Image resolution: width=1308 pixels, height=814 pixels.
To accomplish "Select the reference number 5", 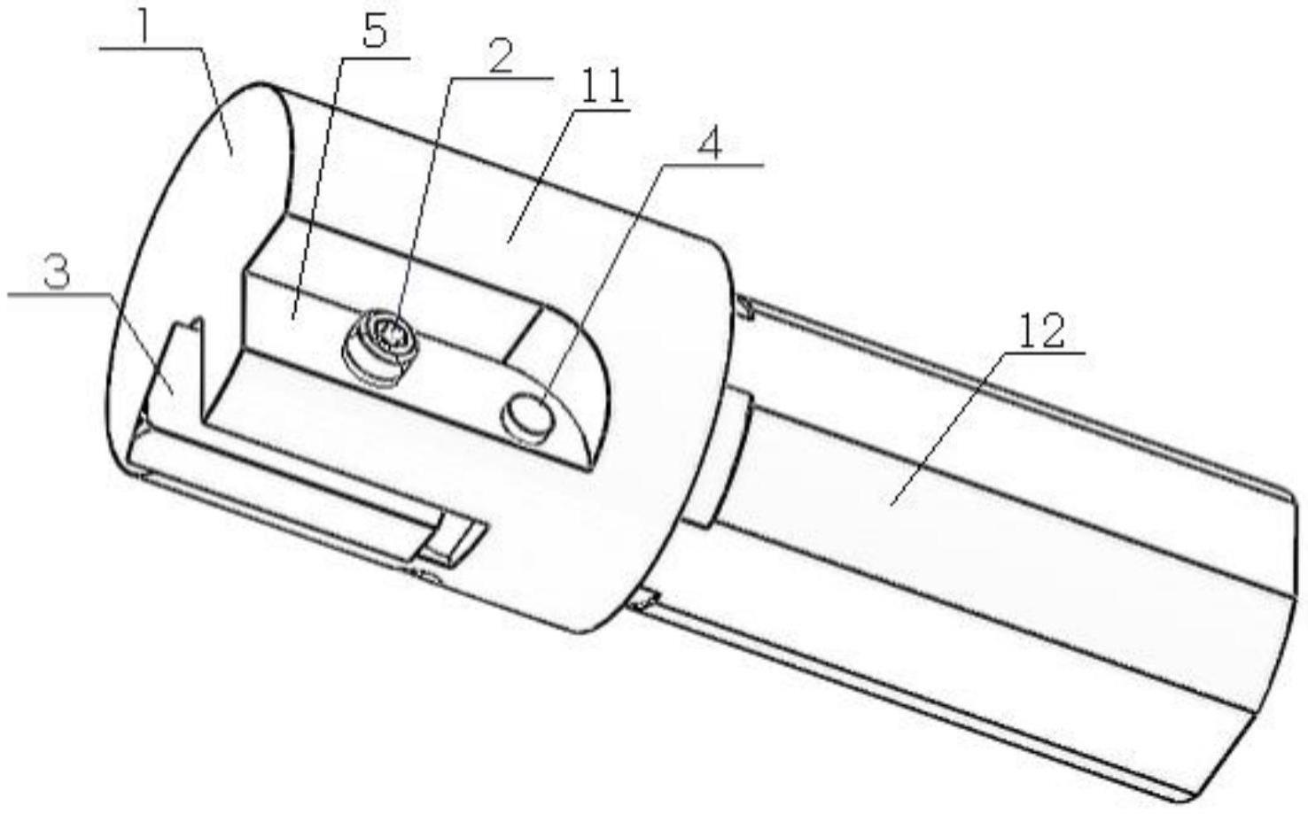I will coord(375,33).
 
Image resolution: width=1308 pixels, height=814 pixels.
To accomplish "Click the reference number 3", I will coord(56,273).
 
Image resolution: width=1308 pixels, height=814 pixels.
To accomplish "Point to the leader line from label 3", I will coord(142,341).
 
